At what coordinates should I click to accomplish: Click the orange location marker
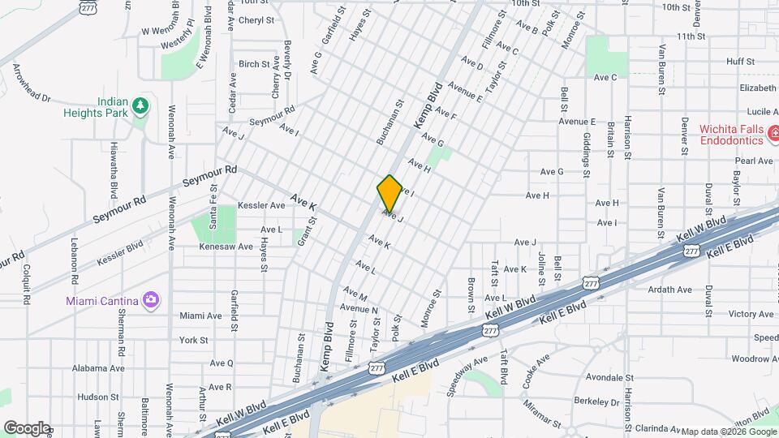[x=389, y=194]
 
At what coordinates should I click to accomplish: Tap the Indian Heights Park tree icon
[x=140, y=105]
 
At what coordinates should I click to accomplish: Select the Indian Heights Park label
[x=97, y=108]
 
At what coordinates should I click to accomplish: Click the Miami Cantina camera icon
[x=150, y=301]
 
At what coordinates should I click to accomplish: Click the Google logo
[x=26, y=427]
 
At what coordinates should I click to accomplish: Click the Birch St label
[x=254, y=64]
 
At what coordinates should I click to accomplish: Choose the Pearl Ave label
[x=755, y=161]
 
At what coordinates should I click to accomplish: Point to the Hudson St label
[x=99, y=397]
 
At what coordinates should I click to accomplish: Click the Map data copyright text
[x=728, y=432]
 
